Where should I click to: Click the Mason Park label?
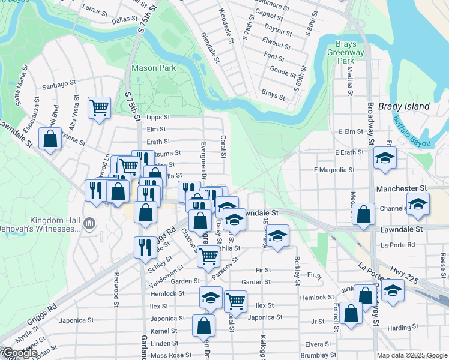(x=154, y=68)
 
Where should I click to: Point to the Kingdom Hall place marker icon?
(x=90, y=223)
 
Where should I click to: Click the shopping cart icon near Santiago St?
(x=99, y=108)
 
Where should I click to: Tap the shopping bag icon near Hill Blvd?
(x=51, y=139)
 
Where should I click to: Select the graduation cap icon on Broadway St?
(x=384, y=158)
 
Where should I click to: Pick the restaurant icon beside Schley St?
(x=144, y=247)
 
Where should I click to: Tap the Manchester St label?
(x=401, y=188)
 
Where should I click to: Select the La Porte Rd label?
(x=398, y=245)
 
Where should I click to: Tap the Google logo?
(x=19, y=353)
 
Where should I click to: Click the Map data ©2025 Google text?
(x=411, y=355)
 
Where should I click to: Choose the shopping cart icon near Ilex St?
(x=235, y=300)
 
